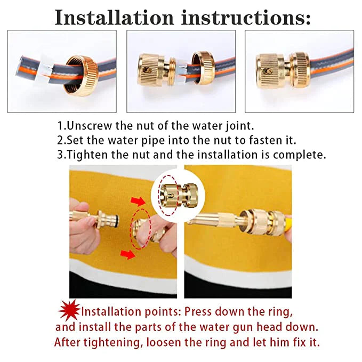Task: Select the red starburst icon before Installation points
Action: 69,310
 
